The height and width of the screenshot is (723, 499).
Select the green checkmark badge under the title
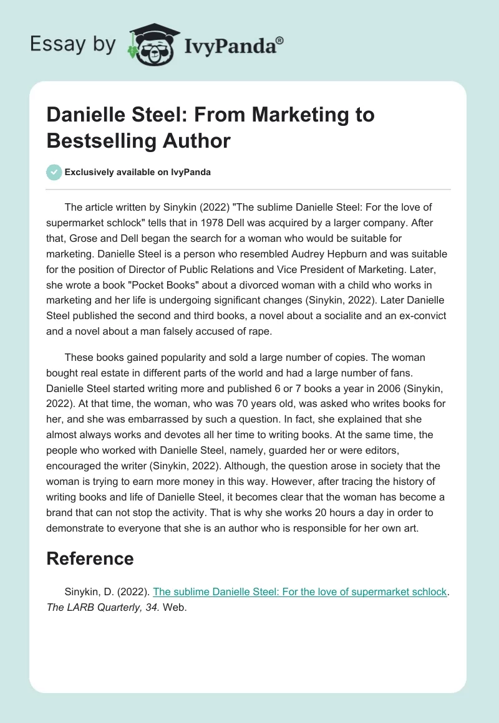click(x=54, y=172)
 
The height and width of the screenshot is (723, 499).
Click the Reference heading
click(x=90, y=558)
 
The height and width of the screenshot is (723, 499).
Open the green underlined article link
click(x=300, y=591)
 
